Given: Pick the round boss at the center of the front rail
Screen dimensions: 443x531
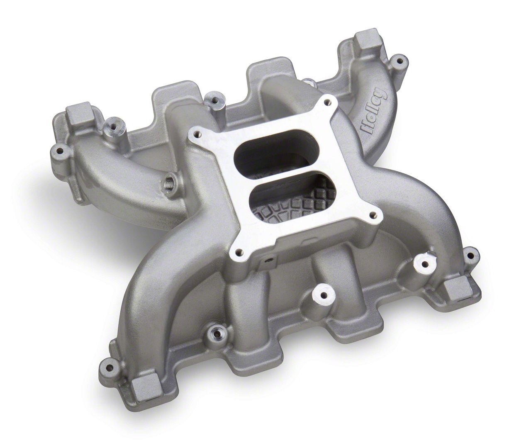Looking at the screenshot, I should point(321,295).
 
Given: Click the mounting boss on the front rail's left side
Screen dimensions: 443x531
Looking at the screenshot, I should point(216,332).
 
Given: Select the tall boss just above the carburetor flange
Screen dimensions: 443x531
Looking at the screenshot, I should point(214,100).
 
